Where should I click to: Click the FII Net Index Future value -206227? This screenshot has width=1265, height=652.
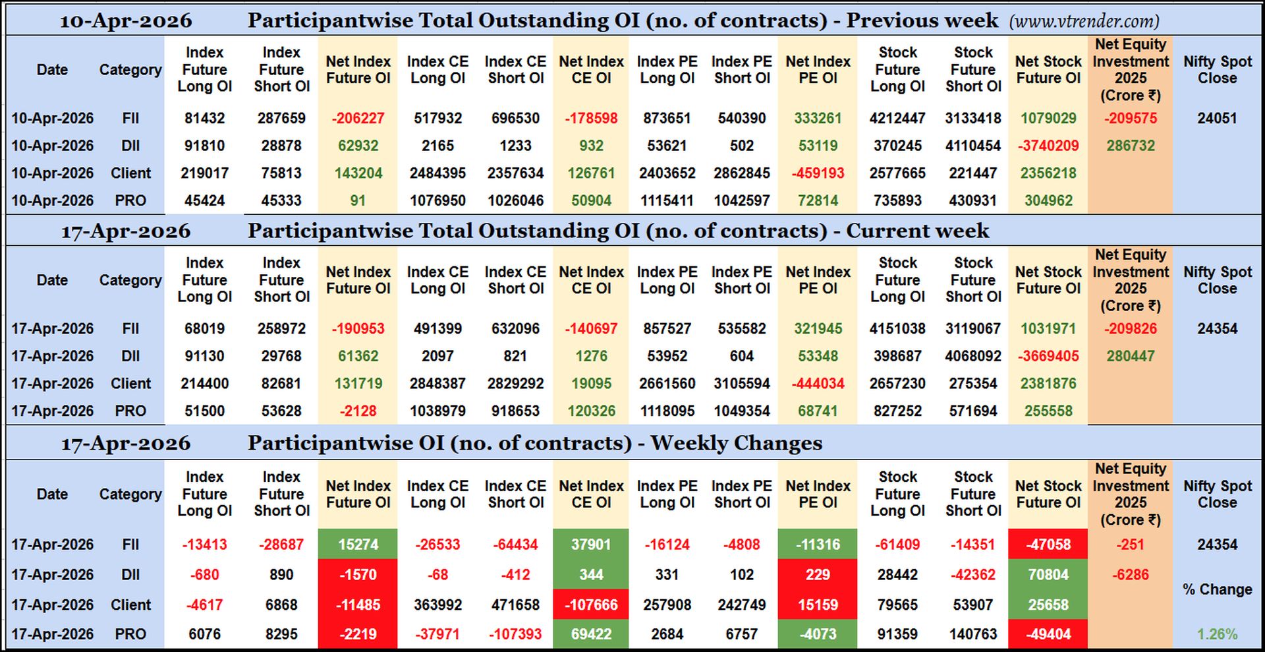[358, 119]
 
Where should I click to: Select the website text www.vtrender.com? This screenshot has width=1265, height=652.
[1084, 21]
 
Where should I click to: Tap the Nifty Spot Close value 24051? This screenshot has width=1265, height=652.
[1217, 119]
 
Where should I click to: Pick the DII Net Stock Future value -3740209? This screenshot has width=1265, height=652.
[1048, 146]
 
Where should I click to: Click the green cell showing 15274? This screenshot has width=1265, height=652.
[358, 545]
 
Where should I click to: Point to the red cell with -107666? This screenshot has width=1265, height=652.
[591, 605]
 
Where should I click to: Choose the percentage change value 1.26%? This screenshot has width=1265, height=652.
[1217, 634]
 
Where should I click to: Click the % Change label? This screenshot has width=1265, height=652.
[1217, 589]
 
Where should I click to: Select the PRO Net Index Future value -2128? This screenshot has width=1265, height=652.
[358, 411]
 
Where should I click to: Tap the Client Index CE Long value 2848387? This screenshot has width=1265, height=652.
[437, 384]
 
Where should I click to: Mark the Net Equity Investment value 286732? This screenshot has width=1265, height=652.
[1131, 146]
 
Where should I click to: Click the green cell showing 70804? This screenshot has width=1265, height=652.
[1048, 575]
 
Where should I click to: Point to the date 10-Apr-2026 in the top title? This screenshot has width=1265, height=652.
[126, 21]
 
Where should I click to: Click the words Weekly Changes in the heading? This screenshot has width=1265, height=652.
[736, 443]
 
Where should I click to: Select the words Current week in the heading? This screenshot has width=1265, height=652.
[917, 231]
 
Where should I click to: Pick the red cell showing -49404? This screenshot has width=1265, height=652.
[1048, 634]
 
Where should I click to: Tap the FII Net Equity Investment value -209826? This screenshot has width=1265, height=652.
[1131, 329]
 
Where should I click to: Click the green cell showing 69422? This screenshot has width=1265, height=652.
[591, 634]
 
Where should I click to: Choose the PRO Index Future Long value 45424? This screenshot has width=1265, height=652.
[204, 200]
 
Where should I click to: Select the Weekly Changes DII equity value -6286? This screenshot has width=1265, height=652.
[1131, 575]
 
